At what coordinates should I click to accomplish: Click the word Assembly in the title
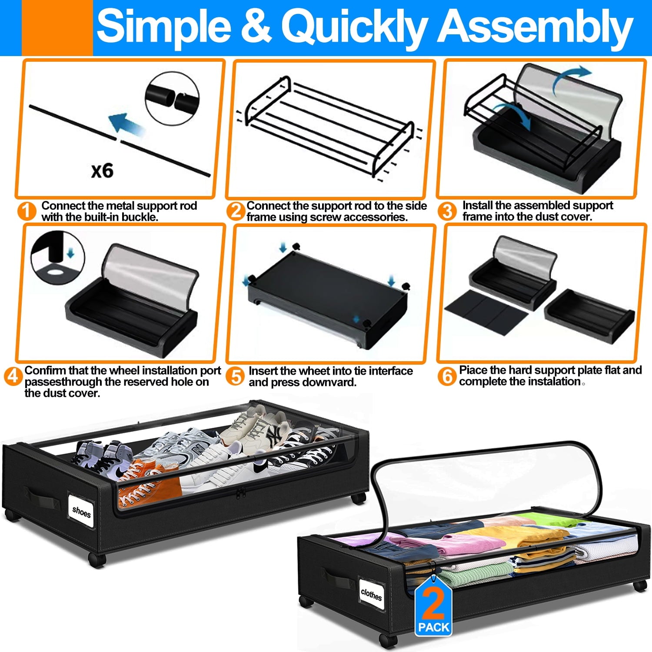click(x=535, y=27)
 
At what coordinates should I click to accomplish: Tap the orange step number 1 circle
click(x=27, y=211)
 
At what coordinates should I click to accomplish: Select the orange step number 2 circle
click(x=236, y=211)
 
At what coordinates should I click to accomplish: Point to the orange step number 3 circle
click(x=447, y=211)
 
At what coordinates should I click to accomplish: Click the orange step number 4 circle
click(x=13, y=376)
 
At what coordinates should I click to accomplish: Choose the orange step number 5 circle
click(x=236, y=376)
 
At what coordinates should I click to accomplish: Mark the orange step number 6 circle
click(x=447, y=376)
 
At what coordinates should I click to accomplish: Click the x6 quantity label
click(x=103, y=171)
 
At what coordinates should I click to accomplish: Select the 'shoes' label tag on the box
click(x=81, y=512)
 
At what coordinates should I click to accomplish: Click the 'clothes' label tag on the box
click(x=371, y=594)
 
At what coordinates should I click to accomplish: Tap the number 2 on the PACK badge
click(x=433, y=603)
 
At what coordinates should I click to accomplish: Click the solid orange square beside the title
click(x=57, y=28)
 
